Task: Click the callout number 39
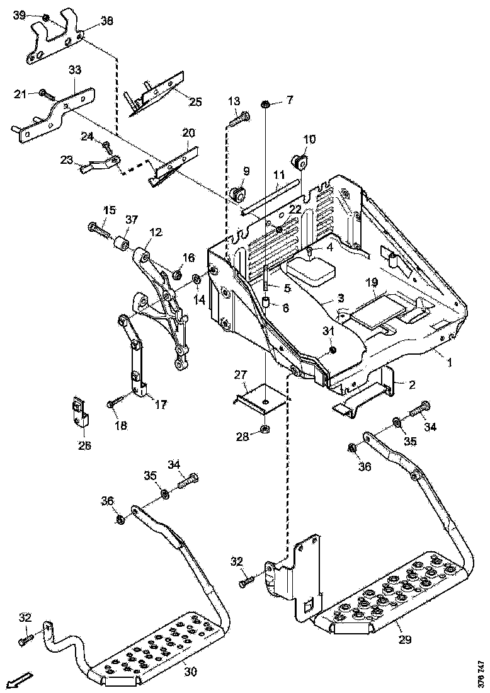pyautogui.click(x=20, y=15)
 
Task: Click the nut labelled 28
pyautogui.click(x=266, y=431)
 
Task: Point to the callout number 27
pyautogui.click(x=240, y=375)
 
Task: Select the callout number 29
pyautogui.click(x=404, y=639)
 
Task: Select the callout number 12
pyautogui.click(x=156, y=232)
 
